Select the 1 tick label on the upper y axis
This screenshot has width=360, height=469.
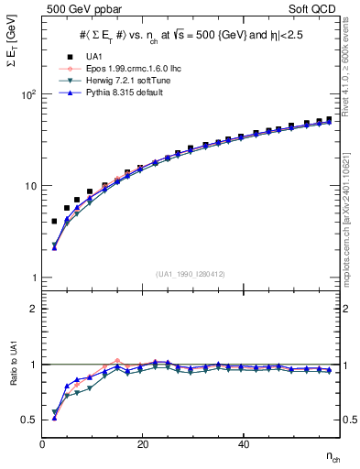33,278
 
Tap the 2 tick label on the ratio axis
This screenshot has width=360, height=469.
33,310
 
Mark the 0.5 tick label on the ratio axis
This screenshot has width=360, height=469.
28,420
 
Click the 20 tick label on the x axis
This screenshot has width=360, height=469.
142,444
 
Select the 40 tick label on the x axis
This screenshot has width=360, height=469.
243,444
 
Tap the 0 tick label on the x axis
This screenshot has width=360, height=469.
43,444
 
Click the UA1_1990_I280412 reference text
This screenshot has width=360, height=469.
191,274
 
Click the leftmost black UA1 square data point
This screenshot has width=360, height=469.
54,222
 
